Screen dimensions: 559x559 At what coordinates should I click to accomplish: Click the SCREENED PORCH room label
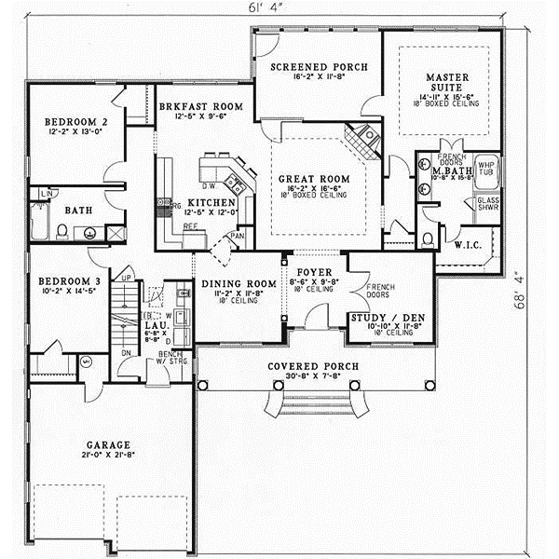tap(320, 67)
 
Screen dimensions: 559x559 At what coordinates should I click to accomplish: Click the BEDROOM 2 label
tap(71, 122)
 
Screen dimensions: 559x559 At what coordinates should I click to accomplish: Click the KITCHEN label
tap(204, 202)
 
